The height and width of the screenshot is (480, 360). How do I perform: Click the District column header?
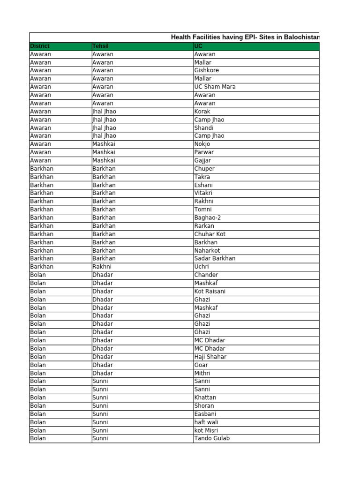pyautogui.click(x=40, y=46)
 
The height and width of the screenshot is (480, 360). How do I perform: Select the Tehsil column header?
pyautogui.click(x=100, y=46)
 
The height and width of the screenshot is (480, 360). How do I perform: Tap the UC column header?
pyautogui.click(x=199, y=46)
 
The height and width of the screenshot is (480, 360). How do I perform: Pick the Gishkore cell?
pyautogui.click(x=207, y=70)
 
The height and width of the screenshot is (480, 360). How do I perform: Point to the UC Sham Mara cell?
pyautogui.click(x=215, y=87)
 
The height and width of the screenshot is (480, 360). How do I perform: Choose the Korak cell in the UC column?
pyautogui.click(x=202, y=112)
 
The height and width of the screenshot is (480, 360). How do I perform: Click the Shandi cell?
pyautogui.click(x=204, y=127)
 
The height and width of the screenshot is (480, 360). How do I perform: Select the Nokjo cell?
pyautogui.click(x=202, y=144)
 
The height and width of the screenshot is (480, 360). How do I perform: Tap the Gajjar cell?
pyautogui.click(x=203, y=160)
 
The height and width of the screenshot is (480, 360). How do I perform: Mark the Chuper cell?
pyautogui.click(x=204, y=169)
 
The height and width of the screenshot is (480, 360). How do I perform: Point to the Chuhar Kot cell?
pyautogui.click(x=210, y=234)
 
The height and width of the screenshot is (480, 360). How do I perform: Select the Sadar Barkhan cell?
pyautogui.click(x=215, y=258)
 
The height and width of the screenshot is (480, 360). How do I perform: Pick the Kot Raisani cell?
pyautogui.click(x=210, y=291)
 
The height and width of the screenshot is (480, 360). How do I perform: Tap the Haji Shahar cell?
pyautogui.click(x=210, y=357)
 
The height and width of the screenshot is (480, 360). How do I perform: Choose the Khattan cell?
pyautogui.click(x=205, y=397)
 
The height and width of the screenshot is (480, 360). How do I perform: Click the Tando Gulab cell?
pyautogui.click(x=212, y=438)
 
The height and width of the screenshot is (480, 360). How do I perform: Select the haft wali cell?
pyautogui.click(x=206, y=422)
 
